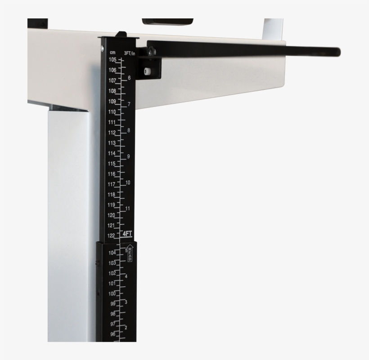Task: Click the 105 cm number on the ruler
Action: pyautogui.click(x=112, y=60)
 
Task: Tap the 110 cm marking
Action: pyautogui.click(x=112, y=112)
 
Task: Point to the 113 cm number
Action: pyautogui.click(x=112, y=143)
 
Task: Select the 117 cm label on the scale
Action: pyautogui.click(x=112, y=184)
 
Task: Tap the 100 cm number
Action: pyautogui.click(x=112, y=293)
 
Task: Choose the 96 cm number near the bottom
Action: pyautogui.click(x=112, y=334)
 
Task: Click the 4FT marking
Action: pyautogui.click(x=127, y=234)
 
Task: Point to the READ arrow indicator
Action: pyautogui.click(x=130, y=253)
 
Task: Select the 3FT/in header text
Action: pyautogui.click(x=130, y=53)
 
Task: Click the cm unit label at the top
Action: pyautogui.click(x=112, y=53)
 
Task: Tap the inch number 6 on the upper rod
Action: pyautogui.click(x=129, y=78)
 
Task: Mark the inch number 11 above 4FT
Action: pyautogui.click(x=128, y=209)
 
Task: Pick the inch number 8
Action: pyautogui.click(x=129, y=130)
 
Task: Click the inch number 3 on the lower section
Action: pyautogui.click(x=126, y=302)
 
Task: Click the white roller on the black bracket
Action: pyautogui.click(x=147, y=71)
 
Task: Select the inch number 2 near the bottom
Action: pyautogui.click(x=126, y=327)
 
